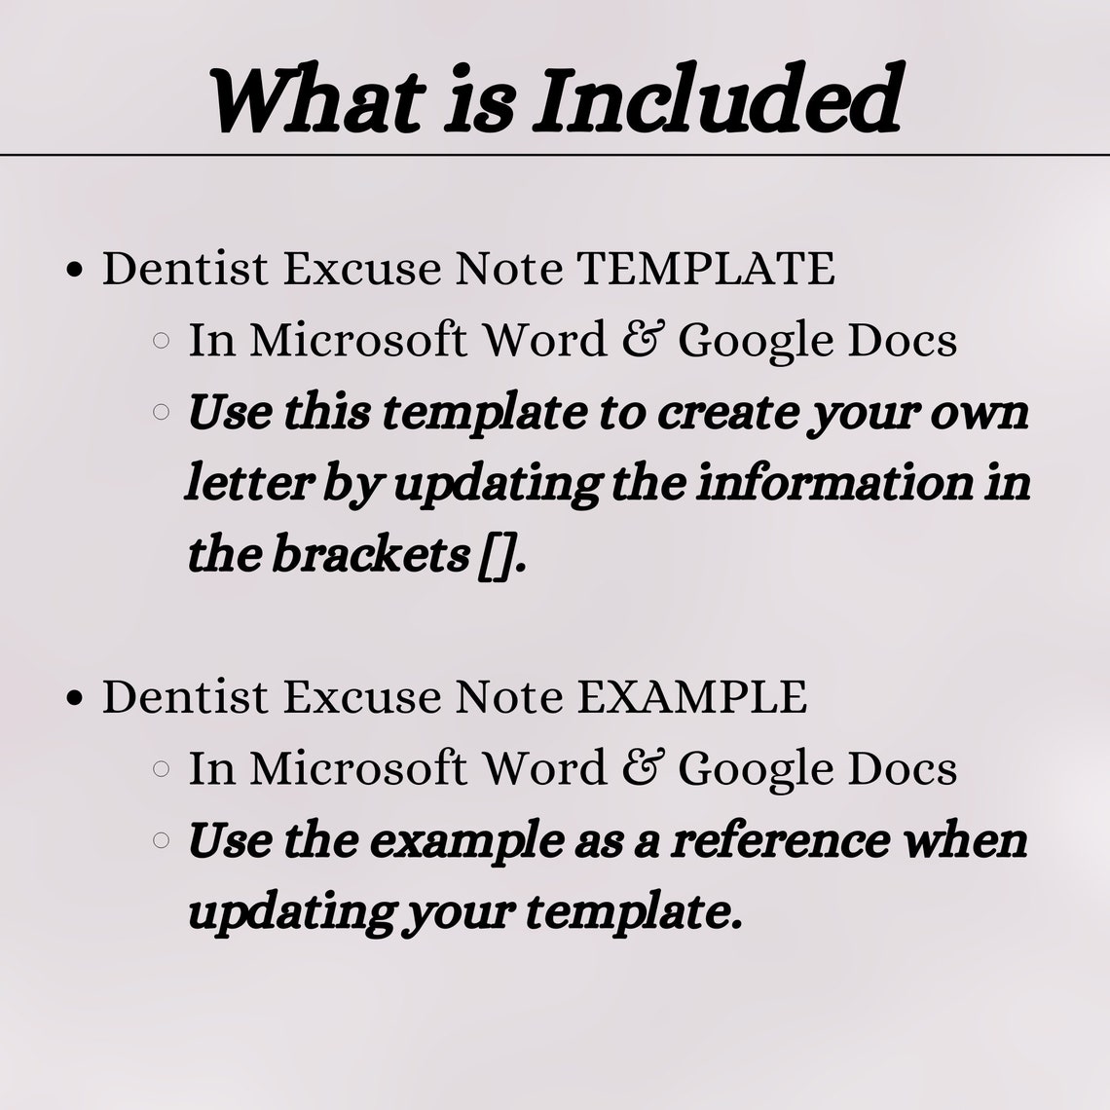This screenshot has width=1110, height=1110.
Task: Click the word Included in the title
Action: click(716, 100)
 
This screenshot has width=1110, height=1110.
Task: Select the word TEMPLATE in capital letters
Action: click(706, 269)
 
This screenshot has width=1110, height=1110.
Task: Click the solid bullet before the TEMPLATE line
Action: click(74, 271)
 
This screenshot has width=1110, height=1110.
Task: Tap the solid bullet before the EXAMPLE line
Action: click(74, 699)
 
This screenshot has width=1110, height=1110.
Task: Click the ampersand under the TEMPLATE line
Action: click(639, 341)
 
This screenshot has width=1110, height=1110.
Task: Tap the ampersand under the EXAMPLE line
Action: click(639, 769)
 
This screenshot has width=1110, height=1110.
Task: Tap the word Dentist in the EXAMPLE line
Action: click(185, 697)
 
